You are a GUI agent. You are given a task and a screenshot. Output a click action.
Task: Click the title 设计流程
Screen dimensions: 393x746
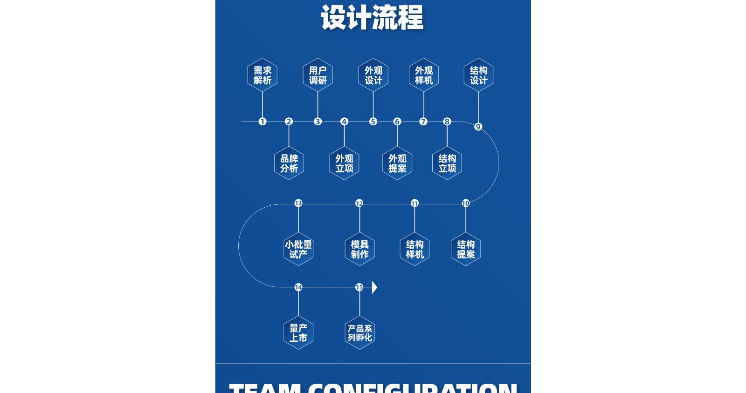372,18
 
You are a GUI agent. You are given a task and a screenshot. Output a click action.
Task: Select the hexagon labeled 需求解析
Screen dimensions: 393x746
262,75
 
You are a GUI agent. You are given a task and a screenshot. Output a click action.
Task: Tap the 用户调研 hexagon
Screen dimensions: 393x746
318,75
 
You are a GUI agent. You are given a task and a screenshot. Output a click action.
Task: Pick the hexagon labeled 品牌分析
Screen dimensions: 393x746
289,163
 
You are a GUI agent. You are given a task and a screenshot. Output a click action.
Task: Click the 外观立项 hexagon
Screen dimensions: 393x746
344,163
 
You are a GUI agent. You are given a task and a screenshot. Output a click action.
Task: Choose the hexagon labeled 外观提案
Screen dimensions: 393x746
397,163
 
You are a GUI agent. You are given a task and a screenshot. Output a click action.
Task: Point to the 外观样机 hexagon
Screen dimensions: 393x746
424,75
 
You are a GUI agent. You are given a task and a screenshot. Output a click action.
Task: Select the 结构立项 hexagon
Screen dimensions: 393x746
447,163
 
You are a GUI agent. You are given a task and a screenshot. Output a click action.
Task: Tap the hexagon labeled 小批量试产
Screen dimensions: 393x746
298,249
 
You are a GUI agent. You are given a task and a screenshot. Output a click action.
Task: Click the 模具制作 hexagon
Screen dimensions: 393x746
359,249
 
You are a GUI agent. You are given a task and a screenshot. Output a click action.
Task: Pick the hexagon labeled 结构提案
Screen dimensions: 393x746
466,249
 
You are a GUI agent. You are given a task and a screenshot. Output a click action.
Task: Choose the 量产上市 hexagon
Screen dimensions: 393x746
298,333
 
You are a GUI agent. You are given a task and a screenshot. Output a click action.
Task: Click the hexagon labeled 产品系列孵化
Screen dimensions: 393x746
359,333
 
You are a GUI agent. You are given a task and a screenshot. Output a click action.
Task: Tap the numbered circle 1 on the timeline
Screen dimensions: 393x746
262,122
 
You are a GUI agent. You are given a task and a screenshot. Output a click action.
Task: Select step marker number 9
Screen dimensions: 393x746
478,127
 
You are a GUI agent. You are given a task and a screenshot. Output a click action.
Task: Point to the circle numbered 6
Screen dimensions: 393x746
397,122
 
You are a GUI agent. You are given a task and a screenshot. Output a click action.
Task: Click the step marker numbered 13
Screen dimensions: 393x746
298,203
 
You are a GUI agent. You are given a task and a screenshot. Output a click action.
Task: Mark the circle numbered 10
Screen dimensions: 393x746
466,203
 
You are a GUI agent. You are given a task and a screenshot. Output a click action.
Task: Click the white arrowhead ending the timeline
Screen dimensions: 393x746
374,287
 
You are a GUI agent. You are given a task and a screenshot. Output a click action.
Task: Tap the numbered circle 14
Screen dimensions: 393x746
298,287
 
